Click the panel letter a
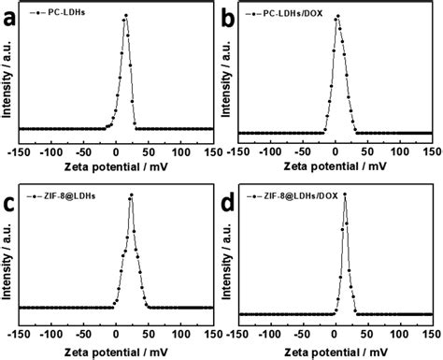click(9, 16)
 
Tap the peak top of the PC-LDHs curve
click(125, 16)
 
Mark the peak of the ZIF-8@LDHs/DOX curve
click(346, 195)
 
